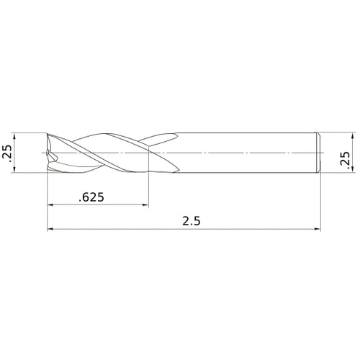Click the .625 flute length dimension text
[91, 197]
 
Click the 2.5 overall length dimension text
[192, 221]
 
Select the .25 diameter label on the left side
[7, 153]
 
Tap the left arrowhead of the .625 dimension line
[50, 204]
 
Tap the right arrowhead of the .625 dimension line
[146, 204]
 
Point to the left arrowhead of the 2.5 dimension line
[50, 229]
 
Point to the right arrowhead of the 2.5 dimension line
[318, 229]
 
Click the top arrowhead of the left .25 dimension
[14, 136]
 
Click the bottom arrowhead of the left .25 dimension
[14, 169]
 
